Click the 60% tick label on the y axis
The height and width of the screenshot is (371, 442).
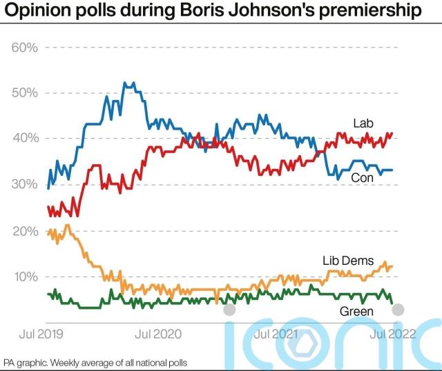click(23, 48)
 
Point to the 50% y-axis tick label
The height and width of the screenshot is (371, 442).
click(23, 93)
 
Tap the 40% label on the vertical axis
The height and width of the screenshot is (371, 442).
click(23, 139)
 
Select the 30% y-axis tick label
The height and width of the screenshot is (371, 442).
click(23, 184)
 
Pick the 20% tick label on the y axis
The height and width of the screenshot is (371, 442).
click(23, 230)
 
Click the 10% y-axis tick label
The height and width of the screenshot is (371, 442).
click(23, 277)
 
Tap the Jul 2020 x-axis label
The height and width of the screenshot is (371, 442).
click(158, 334)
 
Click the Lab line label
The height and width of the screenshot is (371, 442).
click(363, 123)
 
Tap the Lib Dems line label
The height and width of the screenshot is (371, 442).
click(348, 261)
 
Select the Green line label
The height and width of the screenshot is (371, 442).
click(356, 312)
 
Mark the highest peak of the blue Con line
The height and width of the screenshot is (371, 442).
click(124, 83)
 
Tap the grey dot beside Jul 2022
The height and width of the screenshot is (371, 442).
click(398, 310)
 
